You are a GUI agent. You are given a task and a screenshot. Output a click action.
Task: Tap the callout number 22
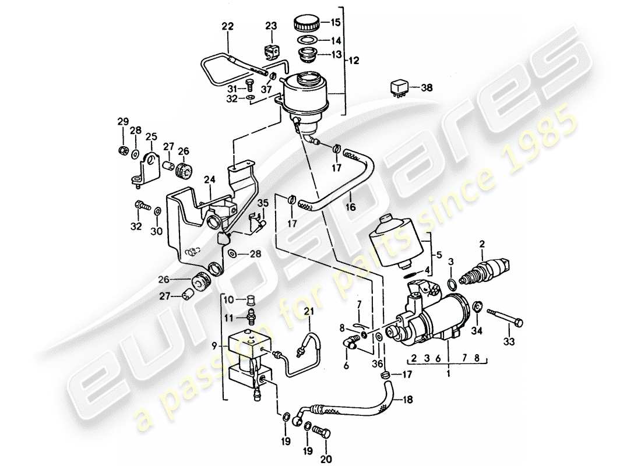pyautogui.click(x=227, y=27)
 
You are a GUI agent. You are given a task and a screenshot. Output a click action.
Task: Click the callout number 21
pyautogui.click(x=308, y=309)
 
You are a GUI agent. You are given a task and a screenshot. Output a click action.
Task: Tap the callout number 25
pyautogui.click(x=152, y=136)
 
